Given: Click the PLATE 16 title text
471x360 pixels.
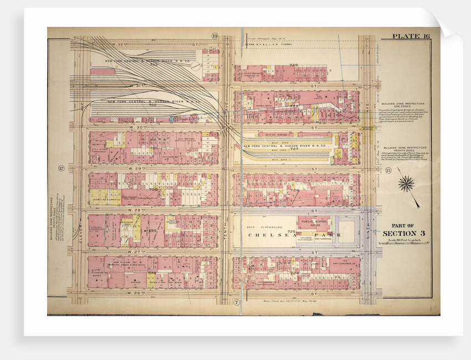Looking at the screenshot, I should point(411,37).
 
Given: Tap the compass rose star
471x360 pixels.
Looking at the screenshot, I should point(406,183).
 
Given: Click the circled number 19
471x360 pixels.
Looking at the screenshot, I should point(214,37).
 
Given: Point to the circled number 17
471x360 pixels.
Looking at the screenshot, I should point(61,168).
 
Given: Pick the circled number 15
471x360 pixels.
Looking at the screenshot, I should point(388,169).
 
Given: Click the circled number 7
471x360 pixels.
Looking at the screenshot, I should point(236,302).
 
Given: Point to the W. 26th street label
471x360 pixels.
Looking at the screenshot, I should point(122,294).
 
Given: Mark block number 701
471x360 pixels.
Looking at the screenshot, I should point(153,148).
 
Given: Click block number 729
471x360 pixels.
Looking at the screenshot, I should point(294,65).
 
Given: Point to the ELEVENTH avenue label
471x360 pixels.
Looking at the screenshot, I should point(80,233).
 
